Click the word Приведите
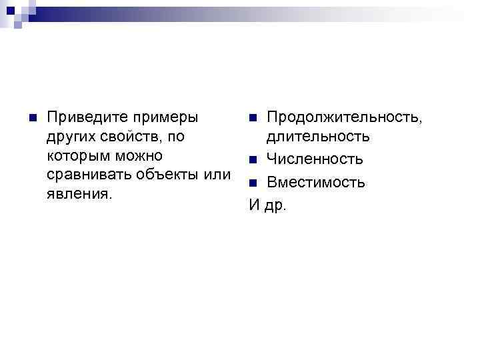pos(86,117)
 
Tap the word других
pos(70,137)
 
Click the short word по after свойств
pos(177,137)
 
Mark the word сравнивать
pos(87,175)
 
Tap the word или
pos(217,175)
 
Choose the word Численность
pos(315,160)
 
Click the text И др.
pos(267,205)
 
